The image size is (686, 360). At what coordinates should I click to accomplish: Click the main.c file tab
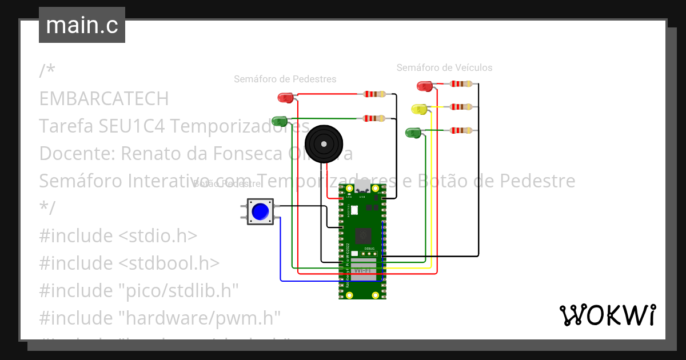(x=82, y=26)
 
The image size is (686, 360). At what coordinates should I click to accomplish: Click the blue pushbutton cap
(x=261, y=211)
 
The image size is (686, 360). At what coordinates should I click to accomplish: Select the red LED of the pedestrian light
(x=285, y=98)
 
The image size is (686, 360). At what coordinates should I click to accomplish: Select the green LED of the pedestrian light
(x=280, y=121)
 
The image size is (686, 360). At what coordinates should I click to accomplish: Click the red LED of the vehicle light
(x=425, y=86)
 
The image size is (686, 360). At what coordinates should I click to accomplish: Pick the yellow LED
(x=419, y=109)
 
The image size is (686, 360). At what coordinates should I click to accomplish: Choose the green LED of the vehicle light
(x=413, y=133)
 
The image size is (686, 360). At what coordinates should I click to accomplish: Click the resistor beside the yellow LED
(x=461, y=107)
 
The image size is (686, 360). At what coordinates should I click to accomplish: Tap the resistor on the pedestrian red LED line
(x=375, y=94)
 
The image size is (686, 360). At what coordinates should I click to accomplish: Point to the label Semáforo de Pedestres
(x=285, y=79)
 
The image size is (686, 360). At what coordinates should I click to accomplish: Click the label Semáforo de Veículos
(x=444, y=67)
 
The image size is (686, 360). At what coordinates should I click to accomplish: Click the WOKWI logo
(x=607, y=315)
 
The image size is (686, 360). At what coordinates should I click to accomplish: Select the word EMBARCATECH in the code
(x=103, y=99)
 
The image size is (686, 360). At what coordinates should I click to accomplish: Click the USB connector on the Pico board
(x=362, y=187)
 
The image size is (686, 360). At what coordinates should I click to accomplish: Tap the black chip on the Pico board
(x=362, y=235)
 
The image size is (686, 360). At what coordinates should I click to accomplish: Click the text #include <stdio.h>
(x=118, y=235)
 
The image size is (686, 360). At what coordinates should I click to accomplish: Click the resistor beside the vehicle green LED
(x=461, y=130)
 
